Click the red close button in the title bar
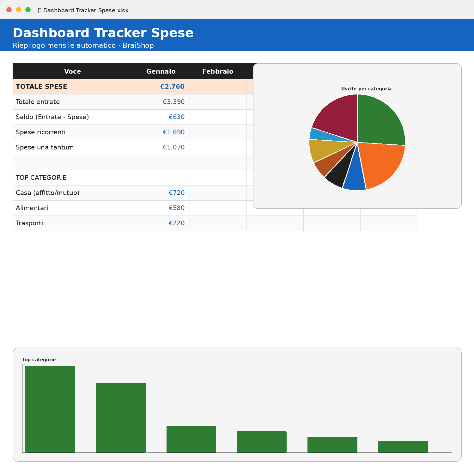click(9, 10)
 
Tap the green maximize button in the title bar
click(28, 10)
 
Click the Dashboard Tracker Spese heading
click(103, 33)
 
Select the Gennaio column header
click(161, 71)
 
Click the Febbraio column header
click(218, 71)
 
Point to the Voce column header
click(72, 71)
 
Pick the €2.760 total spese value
click(172, 87)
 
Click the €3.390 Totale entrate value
click(173, 102)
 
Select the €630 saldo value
click(177, 117)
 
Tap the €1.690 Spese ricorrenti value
click(173, 132)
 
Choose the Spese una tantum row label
click(45, 147)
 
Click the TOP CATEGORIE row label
click(41, 178)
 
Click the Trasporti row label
click(29, 223)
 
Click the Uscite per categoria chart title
click(366, 89)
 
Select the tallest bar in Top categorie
click(50, 409)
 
